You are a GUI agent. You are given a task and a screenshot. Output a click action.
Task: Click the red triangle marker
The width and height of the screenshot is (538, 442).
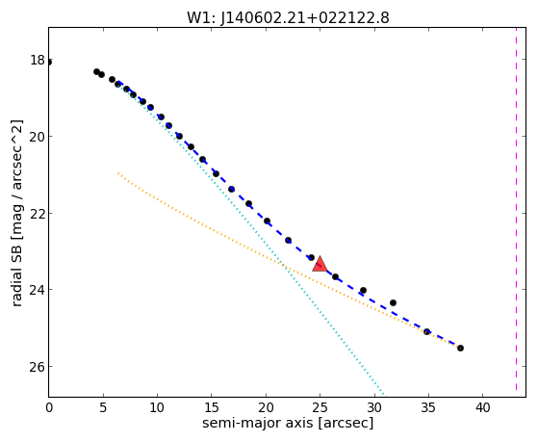pyautogui.click(x=320, y=264)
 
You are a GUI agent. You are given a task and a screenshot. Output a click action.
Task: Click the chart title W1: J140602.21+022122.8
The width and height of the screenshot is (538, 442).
pyautogui.click(x=288, y=17)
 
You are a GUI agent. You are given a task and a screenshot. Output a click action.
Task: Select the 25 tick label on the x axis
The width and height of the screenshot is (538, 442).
pyautogui.click(x=320, y=407)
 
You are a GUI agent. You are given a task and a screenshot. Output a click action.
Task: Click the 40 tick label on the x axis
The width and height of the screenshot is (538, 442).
pyautogui.click(x=482, y=407)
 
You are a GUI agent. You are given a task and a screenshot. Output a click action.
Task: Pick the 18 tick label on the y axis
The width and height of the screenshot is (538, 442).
pyautogui.click(x=38, y=60)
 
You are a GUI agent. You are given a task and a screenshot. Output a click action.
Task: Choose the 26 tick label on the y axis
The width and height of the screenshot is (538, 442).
pyautogui.click(x=38, y=367)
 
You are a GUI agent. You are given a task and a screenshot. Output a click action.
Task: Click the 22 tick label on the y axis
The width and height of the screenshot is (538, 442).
pyautogui.click(x=38, y=213)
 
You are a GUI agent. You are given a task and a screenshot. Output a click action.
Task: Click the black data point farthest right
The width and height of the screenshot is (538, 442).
pyautogui.click(x=460, y=348)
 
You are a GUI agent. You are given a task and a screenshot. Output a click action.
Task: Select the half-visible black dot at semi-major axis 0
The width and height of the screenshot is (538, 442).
pyautogui.click(x=50, y=63)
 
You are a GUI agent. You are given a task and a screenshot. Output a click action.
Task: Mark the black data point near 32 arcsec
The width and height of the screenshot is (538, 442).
pyautogui.click(x=393, y=302)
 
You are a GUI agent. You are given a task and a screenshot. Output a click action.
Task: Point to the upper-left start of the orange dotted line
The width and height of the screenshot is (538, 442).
pyautogui.click(x=118, y=172)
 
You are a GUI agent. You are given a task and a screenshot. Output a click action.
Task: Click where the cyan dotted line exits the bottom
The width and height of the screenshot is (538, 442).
pyautogui.click(x=384, y=396)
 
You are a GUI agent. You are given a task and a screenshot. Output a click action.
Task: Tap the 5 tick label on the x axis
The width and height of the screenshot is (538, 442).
pyautogui.click(x=103, y=407)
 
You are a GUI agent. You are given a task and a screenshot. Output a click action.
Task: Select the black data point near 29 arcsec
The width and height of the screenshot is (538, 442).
pyautogui.click(x=363, y=290)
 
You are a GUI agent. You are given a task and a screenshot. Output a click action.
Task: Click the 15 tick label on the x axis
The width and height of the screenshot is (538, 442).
pyautogui.click(x=212, y=407)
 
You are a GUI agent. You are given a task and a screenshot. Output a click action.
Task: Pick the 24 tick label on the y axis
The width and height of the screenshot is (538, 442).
pyautogui.click(x=38, y=290)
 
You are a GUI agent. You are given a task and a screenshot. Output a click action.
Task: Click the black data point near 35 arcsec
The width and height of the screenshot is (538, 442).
pyautogui.click(x=426, y=332)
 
